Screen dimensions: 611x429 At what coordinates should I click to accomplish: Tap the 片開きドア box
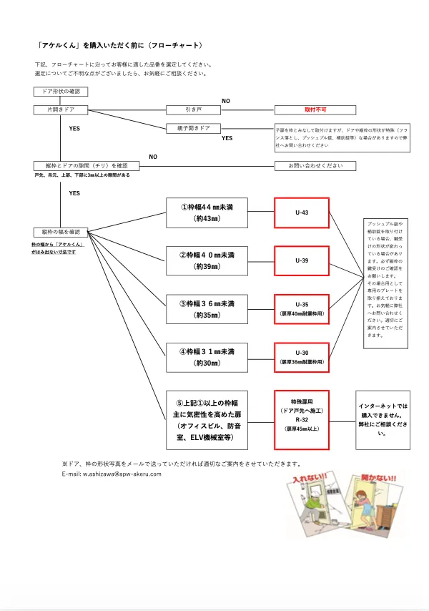pyautogui.click(x=61, y=110)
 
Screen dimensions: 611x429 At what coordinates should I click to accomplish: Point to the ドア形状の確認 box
pyautogui.click(x=61, y=92)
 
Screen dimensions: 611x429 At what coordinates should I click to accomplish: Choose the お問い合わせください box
pyautogui.click(x=316, y=165)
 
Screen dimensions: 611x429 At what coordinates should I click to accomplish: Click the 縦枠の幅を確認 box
pyautogui.click(x=61, y=232)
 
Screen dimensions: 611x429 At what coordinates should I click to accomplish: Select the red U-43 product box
pyautogui.click(x=301, y=212)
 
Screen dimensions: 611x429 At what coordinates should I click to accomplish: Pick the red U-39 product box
pyautogui.click(x=301, y=260)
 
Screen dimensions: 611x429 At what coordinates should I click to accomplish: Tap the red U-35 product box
pyautogui.click(x=301, y=308)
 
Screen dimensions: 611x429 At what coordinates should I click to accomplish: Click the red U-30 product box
pyautogui.click(x=301, y=357)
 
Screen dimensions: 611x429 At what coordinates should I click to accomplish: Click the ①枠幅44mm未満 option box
pyautogui.click(x=206, y=212)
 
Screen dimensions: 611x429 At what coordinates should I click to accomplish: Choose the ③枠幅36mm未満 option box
pyautogui.click(x=206, y=308)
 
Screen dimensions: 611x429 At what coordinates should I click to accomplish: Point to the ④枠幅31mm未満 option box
pyautogui.click(x=206, y=357)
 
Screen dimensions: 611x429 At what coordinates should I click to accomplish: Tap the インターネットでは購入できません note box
pyautogui.click(x=383, y=419)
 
